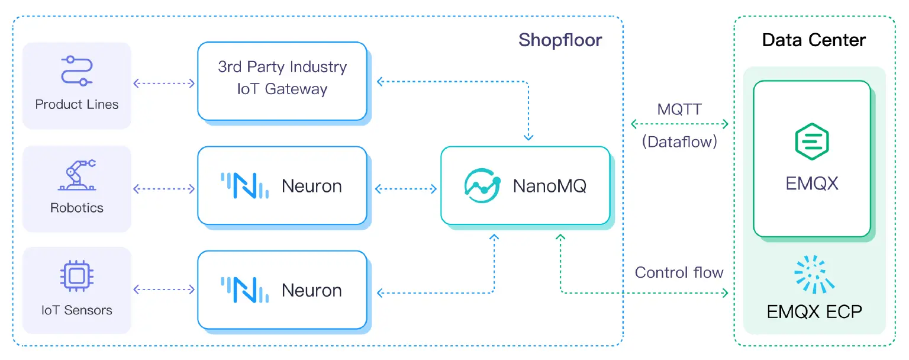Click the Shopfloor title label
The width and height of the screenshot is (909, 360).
(560, 40)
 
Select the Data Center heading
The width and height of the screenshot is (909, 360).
(814, 40)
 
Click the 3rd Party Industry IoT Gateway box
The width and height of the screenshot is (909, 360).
(282, 81)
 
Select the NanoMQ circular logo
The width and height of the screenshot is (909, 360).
(482, 186)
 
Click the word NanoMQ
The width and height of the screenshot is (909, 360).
(549, 187)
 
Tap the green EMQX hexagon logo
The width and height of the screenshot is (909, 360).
(811, 142)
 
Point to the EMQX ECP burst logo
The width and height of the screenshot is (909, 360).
(814, 274)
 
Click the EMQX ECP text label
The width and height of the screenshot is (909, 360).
(814, 311)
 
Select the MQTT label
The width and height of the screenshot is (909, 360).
(679, 110)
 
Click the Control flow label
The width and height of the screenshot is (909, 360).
(679, 272)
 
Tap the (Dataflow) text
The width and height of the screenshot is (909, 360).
(679, 142)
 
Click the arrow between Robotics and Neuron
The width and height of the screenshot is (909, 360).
(164, 189)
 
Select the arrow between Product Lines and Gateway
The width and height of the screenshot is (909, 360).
(164, 83)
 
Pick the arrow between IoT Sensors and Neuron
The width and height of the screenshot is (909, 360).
(164, 290)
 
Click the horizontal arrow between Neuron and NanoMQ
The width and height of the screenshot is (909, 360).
(405, 189)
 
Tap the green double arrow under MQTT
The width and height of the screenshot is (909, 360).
(679, 124)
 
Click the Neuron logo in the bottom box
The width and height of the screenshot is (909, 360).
(244, 290)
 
